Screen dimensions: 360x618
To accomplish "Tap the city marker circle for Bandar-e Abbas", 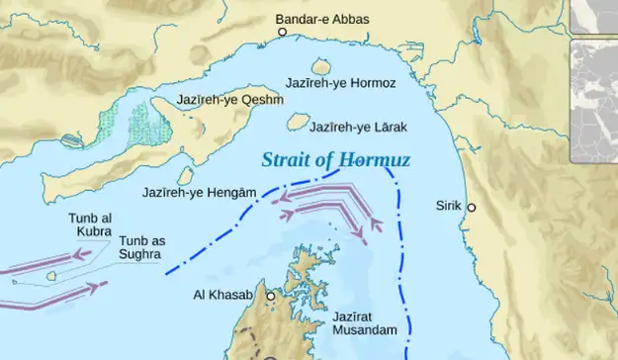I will [282, 33].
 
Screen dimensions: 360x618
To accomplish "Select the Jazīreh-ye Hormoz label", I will [341, 83].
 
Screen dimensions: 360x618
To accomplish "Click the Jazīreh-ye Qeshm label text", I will [229, 100].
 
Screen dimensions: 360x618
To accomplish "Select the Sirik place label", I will [448, 206].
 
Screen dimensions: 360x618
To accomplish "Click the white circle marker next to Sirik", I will [472, 208].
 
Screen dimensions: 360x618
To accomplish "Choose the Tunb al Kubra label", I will [90, 225].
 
